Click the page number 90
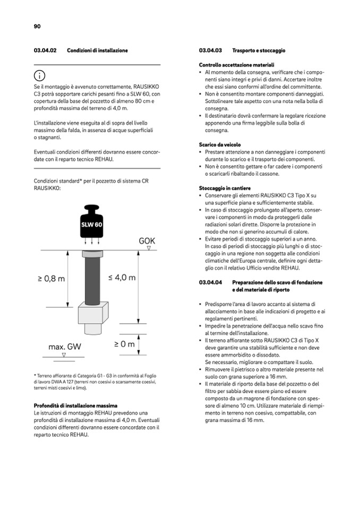pos(37,26)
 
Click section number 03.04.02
pos(46,50)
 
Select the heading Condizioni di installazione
pos(97,50)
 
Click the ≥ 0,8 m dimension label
pos(52,279)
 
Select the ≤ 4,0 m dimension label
pos(122,278)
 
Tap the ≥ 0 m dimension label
pos(124,344)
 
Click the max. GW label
pos(65,347)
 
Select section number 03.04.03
pos(210,50)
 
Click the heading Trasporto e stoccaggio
pos(259,50)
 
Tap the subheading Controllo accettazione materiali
pos(233,65)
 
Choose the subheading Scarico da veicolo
pos(219,144)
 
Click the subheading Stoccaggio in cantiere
pos(225,188)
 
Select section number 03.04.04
pos(210,282)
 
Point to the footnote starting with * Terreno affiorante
pos(96,381)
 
